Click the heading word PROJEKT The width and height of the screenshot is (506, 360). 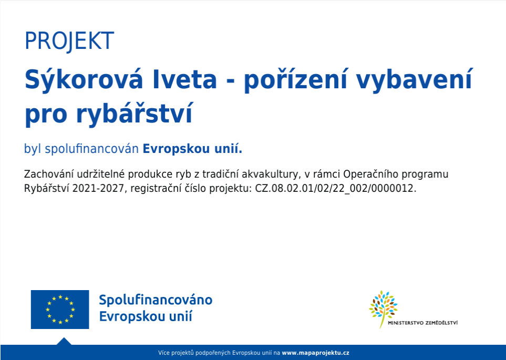coord(69,40)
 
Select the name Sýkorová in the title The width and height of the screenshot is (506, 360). coord(84,79)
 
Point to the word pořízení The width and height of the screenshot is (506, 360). coord(295,79)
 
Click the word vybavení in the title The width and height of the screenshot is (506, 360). coord(415,79)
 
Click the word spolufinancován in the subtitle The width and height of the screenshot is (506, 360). coord(91,149)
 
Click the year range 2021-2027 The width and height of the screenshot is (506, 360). coord(98,188)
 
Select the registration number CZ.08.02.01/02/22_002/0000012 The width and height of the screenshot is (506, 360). coord(336,188)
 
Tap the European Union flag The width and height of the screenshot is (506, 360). coord(60,310)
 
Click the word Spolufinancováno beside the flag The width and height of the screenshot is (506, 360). coord(156,300)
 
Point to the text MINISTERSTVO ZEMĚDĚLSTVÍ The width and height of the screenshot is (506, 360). coord(423,323)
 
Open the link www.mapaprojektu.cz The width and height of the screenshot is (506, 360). coord(315,353)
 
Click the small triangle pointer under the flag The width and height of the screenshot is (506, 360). coord(64,341)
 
